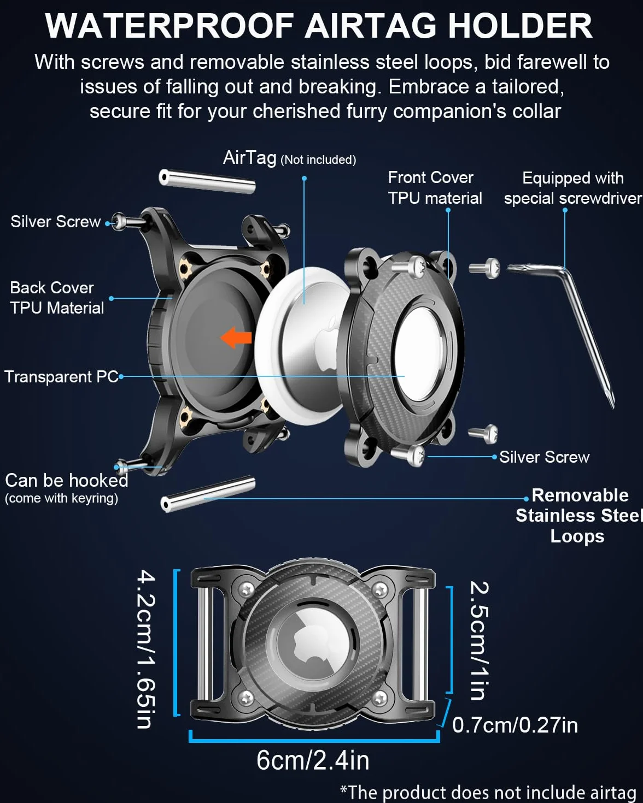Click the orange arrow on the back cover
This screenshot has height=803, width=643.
tap(236, 338)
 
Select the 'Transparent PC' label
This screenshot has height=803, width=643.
tap(61, 377)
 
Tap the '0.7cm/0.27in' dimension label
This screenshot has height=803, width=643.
tap(515, 725)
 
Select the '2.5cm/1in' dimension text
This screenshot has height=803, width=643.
tap(480, 640)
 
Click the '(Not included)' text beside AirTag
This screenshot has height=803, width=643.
tap(318, 160)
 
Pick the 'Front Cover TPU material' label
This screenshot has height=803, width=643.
tap(435, 188)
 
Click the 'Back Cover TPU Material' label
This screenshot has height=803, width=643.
tap(57, 298)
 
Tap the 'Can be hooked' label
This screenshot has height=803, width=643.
tap(67, 481)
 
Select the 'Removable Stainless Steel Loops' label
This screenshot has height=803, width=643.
tap(578, 516)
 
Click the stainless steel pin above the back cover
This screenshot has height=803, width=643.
tap(207, 182)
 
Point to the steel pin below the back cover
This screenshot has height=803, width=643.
tap(208, 494)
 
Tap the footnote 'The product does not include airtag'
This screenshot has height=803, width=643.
tap(488, 792)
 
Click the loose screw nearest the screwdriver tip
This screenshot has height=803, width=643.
tap(483, 434)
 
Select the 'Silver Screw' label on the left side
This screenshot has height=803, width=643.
tap(56, 222)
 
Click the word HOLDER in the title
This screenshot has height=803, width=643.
tap(521, 26)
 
